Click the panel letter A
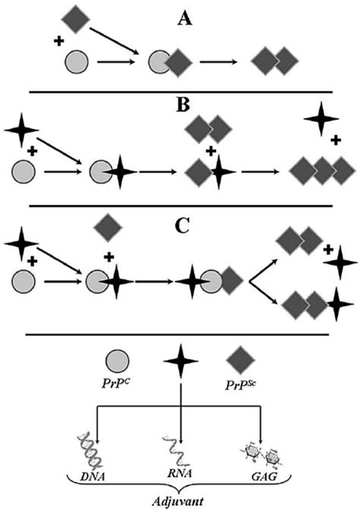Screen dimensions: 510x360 182,17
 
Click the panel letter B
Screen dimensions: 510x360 182,103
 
